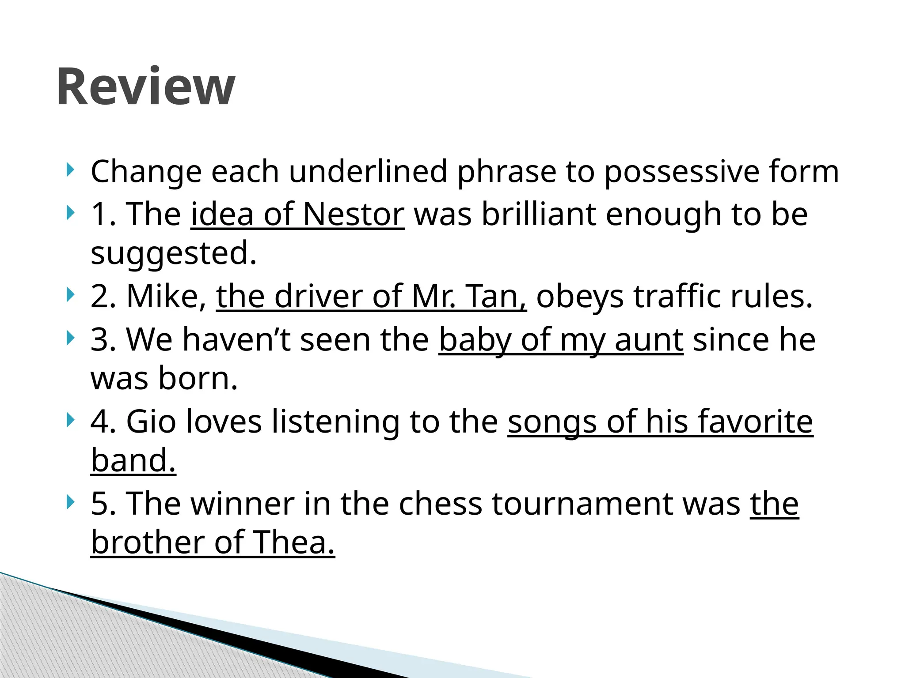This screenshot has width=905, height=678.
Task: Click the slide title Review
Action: pyautogui.click(x=146, y=87)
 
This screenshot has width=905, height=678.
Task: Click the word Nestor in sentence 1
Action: pyautogui.click(x=354, y=215)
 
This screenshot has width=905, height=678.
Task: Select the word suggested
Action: pyautogui.click(x=173, y=253)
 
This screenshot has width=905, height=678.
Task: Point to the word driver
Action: pyautogui.click(x=318, y=297)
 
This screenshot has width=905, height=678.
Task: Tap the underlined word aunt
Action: pyautogui.click(x=649, y=340)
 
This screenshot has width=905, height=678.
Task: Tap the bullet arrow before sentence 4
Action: pyautogui.click(x=70, y=420)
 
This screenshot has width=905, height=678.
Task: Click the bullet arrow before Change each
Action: pyautogui.click(x=70, y=169)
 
